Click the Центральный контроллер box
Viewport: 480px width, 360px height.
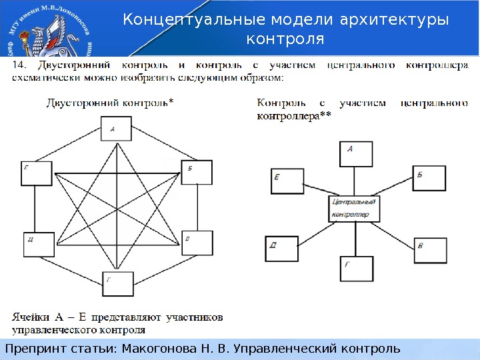[x=353, y=208]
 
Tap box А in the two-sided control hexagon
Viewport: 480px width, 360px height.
[x=117, y=128]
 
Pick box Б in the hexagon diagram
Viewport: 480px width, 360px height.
[x=197, y=172]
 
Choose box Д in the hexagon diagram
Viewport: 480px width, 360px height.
[x=37, y=244]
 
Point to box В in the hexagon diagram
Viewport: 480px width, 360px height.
[x=197, y=243]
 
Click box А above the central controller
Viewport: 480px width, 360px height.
[x=355, y=155]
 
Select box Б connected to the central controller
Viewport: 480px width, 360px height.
[x=429, y=177]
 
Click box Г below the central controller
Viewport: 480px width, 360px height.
[x=357, y=271]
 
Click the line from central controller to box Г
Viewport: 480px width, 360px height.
[x=355, y=238]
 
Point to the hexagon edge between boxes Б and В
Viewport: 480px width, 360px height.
[x=198, y=207]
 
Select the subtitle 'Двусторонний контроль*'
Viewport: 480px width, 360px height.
[x=110, y=102]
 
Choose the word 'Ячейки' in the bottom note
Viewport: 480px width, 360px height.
[x=31, y=317]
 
